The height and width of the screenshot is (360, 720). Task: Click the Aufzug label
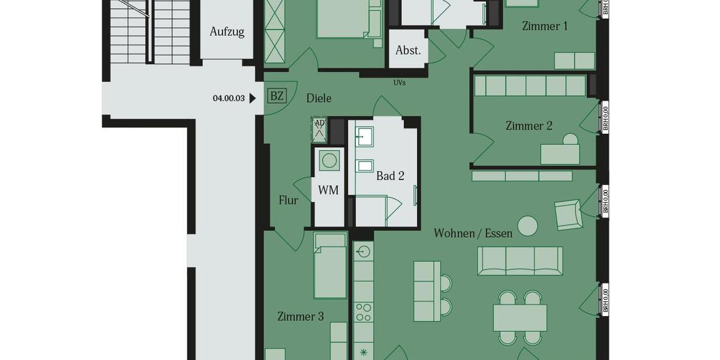pyautogui.click(x=227, y=32)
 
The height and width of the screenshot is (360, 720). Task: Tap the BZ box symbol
pyautogui.click(x=277, y=96)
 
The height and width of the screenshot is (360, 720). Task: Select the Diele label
pyautogui.click(x=319, y=98)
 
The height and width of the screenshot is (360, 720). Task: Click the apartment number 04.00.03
pyautogui.click(x=229, y=98)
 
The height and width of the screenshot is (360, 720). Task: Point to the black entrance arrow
pyautogui.click(x=253, y=98)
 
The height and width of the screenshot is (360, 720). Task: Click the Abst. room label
pyautogui.click(x=408, y=50)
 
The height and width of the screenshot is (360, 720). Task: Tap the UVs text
pyautogui.click(x=399, y=83)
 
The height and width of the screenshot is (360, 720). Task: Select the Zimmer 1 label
pyautogui.click(x=545, y=26)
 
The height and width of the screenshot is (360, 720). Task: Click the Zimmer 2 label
pyautogui.click(x=529, y=125)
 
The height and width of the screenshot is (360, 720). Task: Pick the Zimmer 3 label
pyautogui.click(x=301, y=316)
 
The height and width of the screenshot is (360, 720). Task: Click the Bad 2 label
pyautogui.click(x=390, y=176)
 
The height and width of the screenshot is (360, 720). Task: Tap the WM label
pyautogui.click(x=328, y=190)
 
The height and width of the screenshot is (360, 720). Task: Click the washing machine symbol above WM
pyautogui.click(x=328, y=160)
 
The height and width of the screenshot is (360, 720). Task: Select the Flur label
pyautogui.click(x=289, y=200)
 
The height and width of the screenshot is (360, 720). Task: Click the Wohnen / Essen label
pyautogui.click(x=473, y=233)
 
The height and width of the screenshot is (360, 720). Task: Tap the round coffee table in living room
pyautogui.click(x=528, y=226)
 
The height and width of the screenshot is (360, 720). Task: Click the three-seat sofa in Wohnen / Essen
pyautogui.click(x=520, y=261)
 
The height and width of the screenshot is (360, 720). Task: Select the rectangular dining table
pyautogui.click(x=520, y=317)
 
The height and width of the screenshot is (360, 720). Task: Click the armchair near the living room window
pyautogui.click(x=568, y=214)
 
